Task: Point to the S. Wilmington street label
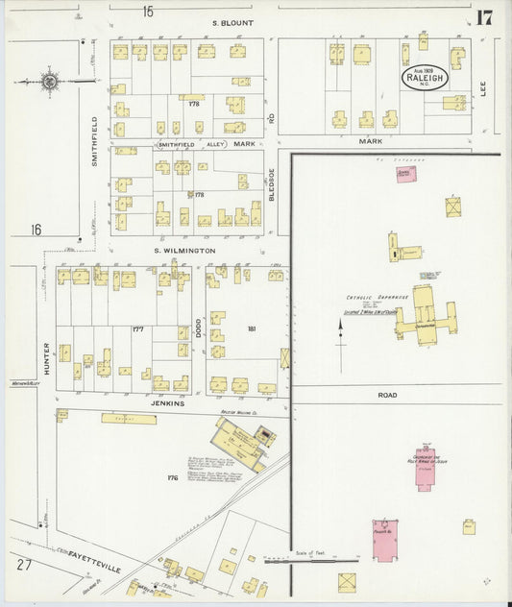pyautogui.click(x=184, y=251)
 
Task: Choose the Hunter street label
pyautogui.click(x=45, y=357)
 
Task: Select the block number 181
pyautogui.click(x=252, y=329)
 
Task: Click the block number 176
pyautogui.click(x=173, y=476)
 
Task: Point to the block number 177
pyautogui.click(x=137, y=329)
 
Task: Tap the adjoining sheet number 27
pyautogui.click(x=23, y=564)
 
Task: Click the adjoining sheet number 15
pyautogui.click(x=148, y=12)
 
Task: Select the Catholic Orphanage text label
pyautogui.click(x=372, y=299)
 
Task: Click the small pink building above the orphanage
pyautogui.click(x=404, y=173)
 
